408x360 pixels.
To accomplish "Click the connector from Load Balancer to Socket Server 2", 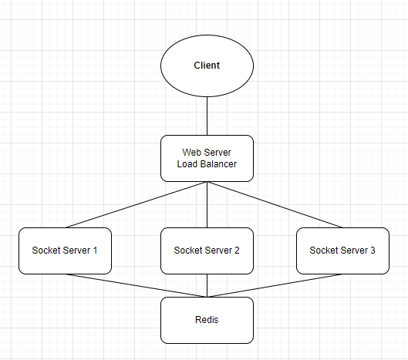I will coord(207,204).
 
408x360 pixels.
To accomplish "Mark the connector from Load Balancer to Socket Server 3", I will coord(274,204).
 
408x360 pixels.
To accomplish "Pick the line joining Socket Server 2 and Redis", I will coord(207,285).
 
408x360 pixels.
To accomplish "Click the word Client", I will coord(207,66).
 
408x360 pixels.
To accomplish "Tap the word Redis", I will coord(207,320).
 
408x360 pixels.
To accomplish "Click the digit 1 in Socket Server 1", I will coord(95,251).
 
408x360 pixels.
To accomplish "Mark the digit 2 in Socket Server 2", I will coord(237,251).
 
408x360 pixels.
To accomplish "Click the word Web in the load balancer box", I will coord(191,153).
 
